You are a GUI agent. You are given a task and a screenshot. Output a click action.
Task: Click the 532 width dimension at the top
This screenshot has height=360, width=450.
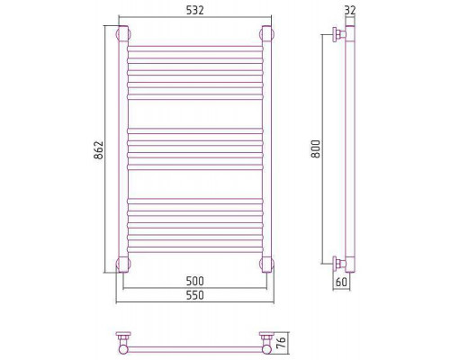195,10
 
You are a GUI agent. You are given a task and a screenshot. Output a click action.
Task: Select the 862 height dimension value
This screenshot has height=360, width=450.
99,149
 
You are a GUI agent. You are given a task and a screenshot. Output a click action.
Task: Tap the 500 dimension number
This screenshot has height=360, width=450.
195,281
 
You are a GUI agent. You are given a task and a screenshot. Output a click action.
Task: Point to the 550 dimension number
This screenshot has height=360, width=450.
195,295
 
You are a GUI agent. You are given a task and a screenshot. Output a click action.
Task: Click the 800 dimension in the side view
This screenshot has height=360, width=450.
316,148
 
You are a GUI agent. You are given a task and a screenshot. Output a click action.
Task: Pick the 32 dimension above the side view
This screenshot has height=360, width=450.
350,11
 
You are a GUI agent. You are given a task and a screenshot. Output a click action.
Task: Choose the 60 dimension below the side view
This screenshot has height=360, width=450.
341,282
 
